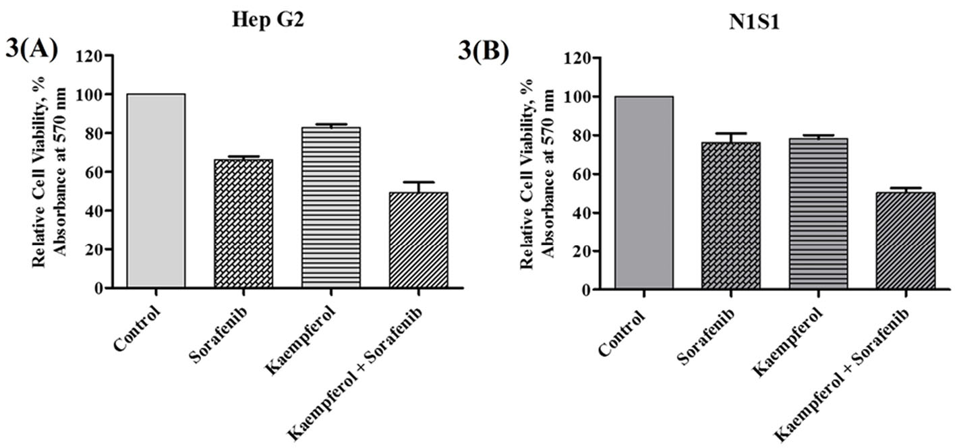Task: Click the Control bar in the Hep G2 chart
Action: click(x=156, y=191)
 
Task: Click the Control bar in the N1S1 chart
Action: click(x=643, y=193)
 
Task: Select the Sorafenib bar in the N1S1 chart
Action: click(x=730, y=216)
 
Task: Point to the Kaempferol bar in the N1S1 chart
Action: click(x=818, y=214)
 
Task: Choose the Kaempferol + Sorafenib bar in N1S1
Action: click(x=906, y=241)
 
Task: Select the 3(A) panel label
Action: click(x=32, y=51)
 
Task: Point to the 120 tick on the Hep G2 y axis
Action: click(x=90, y=56)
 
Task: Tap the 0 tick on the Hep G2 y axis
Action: click(x=98, y=288)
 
